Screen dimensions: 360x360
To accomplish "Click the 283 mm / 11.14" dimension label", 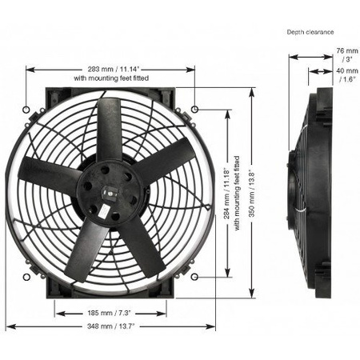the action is pos(114,70).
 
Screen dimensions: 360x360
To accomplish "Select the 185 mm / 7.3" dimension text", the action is pos(110,313).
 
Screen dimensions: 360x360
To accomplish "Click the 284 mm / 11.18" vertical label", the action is pos(226,194).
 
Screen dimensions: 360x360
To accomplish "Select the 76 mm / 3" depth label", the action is pos(347,54).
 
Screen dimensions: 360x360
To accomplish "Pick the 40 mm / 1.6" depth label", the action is pos(347,75).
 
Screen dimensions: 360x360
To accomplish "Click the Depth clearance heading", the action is pos(310,32).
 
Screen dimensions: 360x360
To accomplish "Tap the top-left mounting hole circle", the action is pos(26,110).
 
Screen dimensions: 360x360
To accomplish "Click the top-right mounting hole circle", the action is pos(195,109).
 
